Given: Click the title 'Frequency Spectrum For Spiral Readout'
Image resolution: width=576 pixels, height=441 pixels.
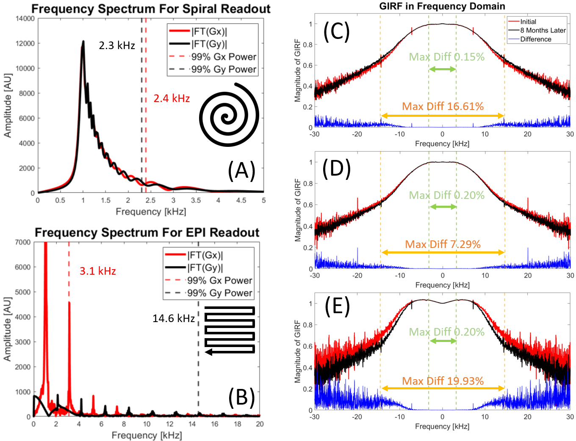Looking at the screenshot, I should coord(151,9).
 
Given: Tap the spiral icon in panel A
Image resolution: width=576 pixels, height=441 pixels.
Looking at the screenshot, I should coord(229,114).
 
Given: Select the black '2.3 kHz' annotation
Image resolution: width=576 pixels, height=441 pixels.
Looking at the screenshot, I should coord(117,46).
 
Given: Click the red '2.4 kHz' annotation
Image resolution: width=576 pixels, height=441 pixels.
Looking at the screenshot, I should coord(172,99).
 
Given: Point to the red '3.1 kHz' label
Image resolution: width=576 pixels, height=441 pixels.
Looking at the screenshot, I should coord(98,271).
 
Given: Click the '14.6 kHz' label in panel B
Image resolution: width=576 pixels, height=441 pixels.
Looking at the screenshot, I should coord(174,318).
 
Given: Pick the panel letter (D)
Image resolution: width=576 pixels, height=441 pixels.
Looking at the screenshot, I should coord(336,168).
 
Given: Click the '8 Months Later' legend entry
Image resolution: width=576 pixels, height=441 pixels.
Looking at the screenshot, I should coord(543,30).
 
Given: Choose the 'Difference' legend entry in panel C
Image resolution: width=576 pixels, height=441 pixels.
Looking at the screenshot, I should coord(536,39).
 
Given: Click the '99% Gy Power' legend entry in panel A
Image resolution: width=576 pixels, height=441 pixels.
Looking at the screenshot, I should coord(224,69).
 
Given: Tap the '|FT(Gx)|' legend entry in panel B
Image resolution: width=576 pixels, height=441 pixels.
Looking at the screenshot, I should coord(205,255).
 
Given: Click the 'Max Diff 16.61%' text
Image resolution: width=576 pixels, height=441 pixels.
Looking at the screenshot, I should coord(443,106).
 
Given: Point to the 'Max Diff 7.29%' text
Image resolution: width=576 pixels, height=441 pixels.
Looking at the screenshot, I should coord(443,244).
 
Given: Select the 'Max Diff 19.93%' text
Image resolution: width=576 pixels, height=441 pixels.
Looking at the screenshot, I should coord(443,381).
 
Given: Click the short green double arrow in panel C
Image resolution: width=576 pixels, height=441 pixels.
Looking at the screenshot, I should coord(442,69).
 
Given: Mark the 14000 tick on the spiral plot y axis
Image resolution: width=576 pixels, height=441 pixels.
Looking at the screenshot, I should coord(25,19).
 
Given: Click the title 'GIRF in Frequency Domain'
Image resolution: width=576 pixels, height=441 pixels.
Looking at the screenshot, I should coord(442,6).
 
